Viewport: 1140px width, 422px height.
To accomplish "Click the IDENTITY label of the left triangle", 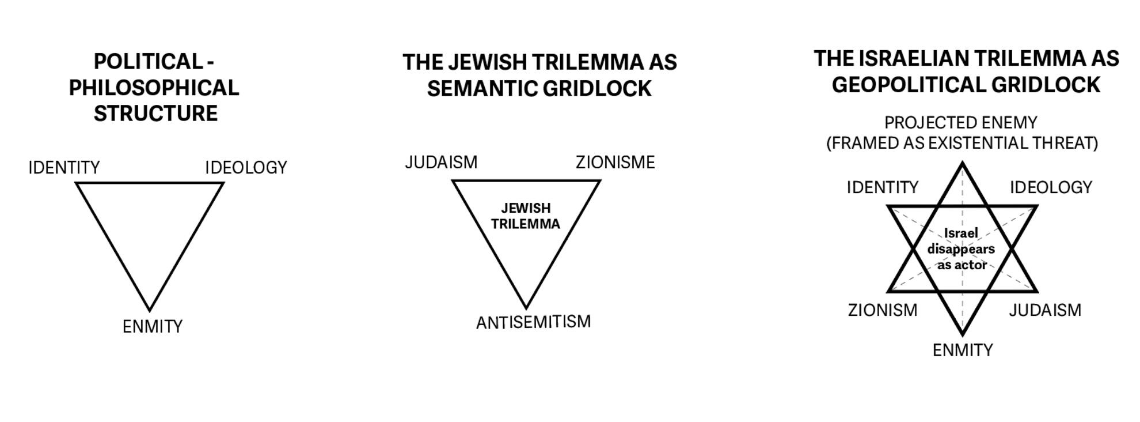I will click(x=64, y=168).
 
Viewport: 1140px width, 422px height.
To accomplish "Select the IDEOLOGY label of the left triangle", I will click(x=246, y=168).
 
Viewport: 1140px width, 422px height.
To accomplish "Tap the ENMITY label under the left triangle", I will click(x=153, y=327).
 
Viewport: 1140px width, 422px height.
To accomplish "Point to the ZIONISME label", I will click(x=615, y=163).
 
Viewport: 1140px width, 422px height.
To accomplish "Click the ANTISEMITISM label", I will click(x=533, y=322).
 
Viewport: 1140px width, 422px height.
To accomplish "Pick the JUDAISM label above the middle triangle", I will click(x=441, y=163).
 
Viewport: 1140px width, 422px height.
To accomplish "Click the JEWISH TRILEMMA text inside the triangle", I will click(x=526, y=216).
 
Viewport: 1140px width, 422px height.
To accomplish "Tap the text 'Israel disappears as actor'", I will click(x=961, y=249).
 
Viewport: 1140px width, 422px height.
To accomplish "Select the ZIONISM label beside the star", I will click(x=883, y=310).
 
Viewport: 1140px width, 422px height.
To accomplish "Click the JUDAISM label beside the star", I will click(x=1045, y=310).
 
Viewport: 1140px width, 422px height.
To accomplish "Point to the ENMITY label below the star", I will click(x=963, y=350).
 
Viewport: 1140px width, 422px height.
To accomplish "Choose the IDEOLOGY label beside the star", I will click(x=1051, y=187).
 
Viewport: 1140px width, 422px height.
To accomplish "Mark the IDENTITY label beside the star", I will click(x=883, y=187).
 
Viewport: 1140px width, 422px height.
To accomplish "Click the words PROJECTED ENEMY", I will click(x=961, y=123).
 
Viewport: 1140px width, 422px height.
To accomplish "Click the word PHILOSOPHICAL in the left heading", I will click(x=154, y=88).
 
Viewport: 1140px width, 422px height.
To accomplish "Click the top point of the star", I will click(x=963, y=163).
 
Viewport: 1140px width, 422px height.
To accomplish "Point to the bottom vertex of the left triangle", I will click(x=150, y=310).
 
